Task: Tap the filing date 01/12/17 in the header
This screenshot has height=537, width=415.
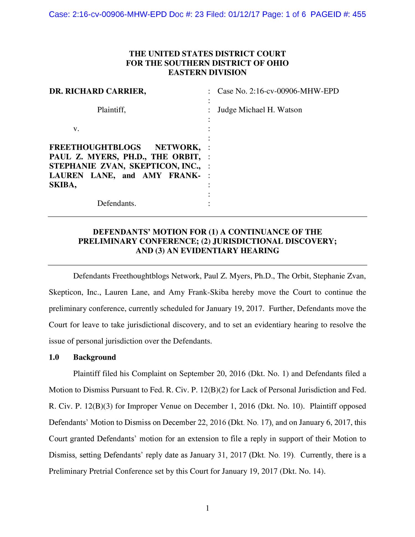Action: click(244, 14)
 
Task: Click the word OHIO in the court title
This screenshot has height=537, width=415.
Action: click(277, 63)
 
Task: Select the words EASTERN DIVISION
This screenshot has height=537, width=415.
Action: click(207, 72)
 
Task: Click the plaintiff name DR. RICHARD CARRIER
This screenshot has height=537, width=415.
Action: click(97, 91)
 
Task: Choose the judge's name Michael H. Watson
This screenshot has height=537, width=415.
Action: click(270, 110)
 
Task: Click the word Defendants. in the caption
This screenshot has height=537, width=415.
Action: click(116, 204)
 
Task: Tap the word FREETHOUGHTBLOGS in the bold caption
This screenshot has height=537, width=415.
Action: click(95, 147)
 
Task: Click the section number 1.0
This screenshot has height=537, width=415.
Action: click(54, 357)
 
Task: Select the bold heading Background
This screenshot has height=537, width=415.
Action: click(94, 357)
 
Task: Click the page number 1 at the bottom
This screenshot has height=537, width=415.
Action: click(207, 508)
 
